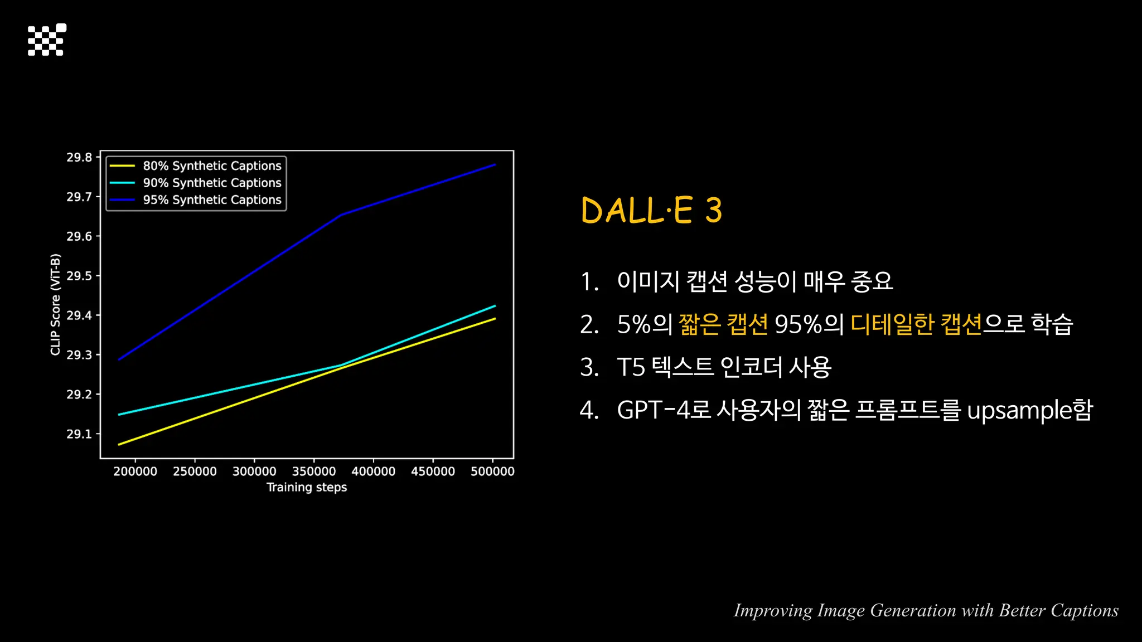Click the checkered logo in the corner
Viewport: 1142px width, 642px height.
tap(47, 40)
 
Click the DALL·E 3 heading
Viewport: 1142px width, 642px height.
tap(651, 211)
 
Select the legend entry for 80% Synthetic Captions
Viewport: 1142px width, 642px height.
tap(212, 166)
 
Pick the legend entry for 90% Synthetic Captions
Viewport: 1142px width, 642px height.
tap(212, 183)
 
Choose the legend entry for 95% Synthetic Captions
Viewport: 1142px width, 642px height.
tap(212, 200)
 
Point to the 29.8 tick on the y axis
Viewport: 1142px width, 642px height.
tap(79, 158)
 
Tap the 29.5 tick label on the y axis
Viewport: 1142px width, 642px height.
tap(79, 276)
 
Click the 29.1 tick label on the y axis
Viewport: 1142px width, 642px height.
tap(79, 434)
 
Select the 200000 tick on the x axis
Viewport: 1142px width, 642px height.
tap(136, 471)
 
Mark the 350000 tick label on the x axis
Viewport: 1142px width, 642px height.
tap(314, 471)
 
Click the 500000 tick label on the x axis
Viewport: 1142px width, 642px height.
tap(492, 471)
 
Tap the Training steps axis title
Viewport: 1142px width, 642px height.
tap(307, 488)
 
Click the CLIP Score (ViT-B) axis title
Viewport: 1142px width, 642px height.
tap(55, 304)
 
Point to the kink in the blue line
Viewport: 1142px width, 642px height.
tap(341, 215)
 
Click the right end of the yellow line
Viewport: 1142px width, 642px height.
tap(495, 319)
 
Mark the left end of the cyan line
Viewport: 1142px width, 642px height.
tap(119, 415)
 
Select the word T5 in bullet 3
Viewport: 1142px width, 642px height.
tap(631, 368)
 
